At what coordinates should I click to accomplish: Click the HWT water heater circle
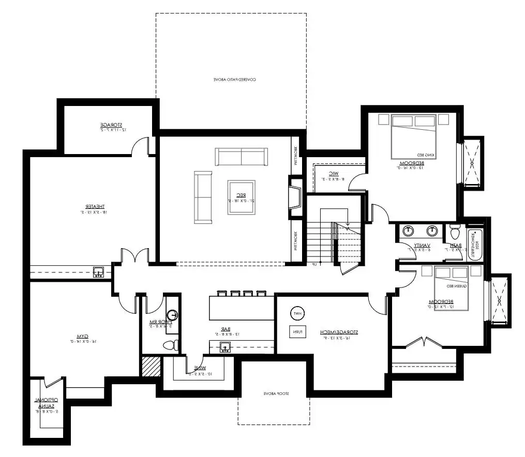pos(297,313)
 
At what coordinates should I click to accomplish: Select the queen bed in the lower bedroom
pos(451,288)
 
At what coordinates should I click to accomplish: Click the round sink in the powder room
pos(173,315)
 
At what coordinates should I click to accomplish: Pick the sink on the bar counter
pos(226,346)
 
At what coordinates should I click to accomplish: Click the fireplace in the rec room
pos(295,196)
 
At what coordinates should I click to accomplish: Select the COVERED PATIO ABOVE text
pos(235,80)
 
